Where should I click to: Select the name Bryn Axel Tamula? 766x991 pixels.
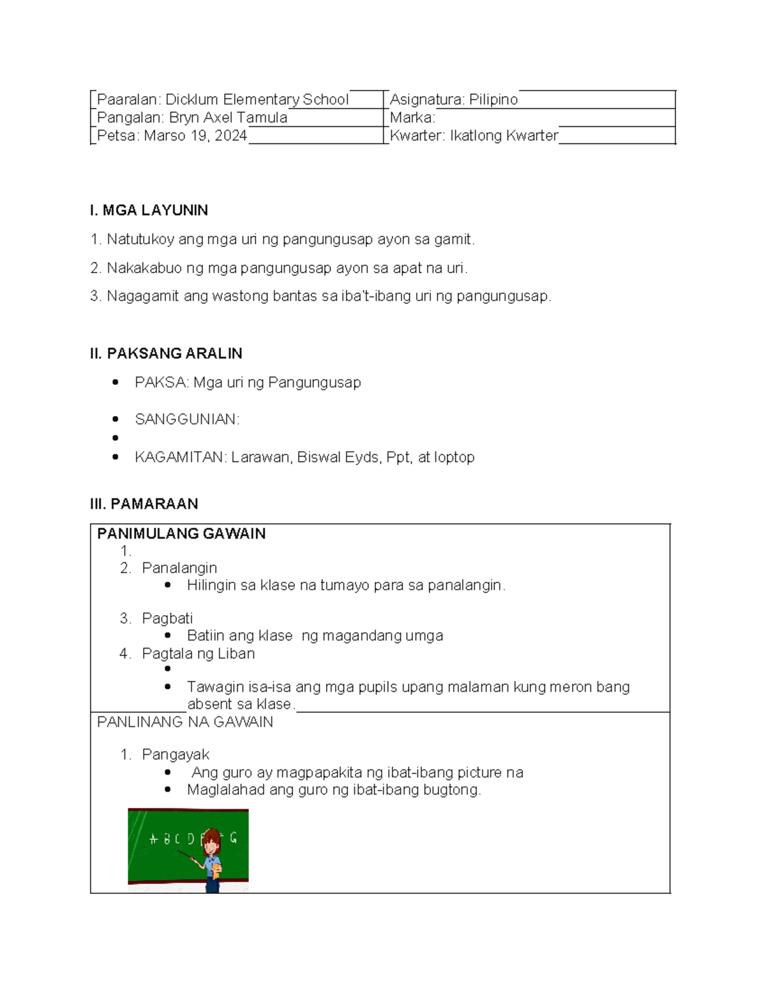click(228, 117)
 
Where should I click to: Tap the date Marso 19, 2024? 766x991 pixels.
click(195, 135)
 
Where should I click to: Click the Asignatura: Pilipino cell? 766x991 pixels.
click(454, 100)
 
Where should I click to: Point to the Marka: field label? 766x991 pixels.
click(412, 117)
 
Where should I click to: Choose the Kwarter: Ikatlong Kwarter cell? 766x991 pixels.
click(474, 135)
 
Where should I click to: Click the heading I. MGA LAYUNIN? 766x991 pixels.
click(149, 210)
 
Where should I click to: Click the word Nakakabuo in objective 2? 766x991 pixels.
click(144, 268)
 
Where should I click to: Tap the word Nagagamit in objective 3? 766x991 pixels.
click(142, 296)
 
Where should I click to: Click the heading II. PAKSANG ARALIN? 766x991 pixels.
click(166, 354)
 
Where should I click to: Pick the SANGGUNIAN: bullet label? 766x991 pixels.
click(187, 419)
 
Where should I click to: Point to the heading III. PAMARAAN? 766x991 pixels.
click(144, 503)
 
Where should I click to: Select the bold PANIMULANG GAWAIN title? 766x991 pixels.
click(181, 533)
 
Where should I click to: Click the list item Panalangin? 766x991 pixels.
click(179, 568)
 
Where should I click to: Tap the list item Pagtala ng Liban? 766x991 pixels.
click(198, 653)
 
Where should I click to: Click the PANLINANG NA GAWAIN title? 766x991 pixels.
click(185, 722)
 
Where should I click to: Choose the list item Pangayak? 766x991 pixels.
click(176, 754)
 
